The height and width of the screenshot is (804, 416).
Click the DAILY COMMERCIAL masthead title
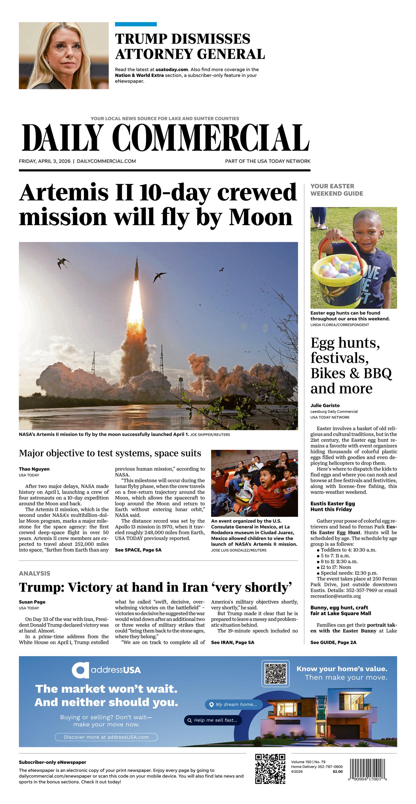pos(165,138)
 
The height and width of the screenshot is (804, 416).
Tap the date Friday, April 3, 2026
pos(45,161)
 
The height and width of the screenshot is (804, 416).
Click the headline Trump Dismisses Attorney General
pos(190,46)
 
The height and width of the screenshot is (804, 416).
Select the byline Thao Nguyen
pos(34,469)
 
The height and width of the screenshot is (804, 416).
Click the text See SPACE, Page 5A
pos(138,549)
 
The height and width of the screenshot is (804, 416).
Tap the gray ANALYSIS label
pos(34,573)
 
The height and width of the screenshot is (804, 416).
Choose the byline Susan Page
pos(32,602)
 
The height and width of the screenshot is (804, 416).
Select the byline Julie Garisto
pos(325,405)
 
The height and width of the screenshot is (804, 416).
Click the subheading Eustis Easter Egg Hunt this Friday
pos(332,506)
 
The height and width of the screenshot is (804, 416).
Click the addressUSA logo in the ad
pos(106,670)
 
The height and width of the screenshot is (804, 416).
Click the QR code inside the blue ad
pos(275,674)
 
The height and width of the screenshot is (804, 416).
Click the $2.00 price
pos(337,771)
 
